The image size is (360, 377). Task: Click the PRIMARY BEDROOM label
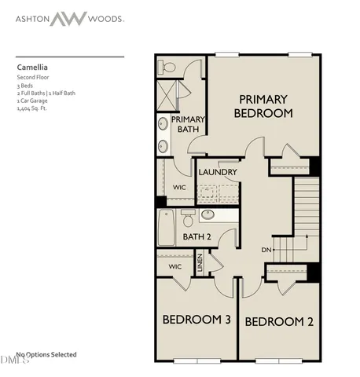pos(264,106)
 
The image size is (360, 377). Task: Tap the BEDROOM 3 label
pos(196,320)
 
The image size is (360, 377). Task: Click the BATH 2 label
pos(197,236)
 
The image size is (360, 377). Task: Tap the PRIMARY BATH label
pos(189,124)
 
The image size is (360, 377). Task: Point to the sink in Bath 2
pos(208,214)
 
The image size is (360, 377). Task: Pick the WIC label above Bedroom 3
pos(174,267)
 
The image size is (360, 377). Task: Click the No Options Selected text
pos(46,354)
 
